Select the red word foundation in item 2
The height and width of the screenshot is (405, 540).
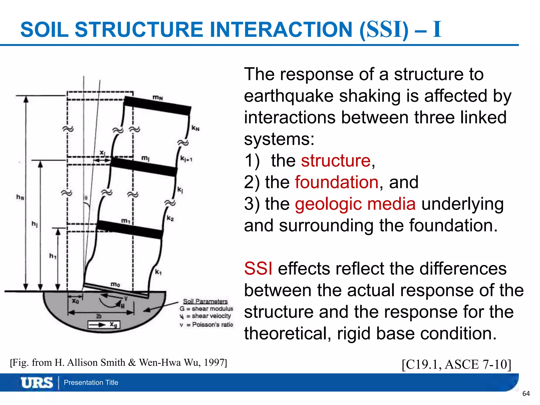click(x=337, y=182)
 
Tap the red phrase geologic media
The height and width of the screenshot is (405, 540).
click(x=355, y=204)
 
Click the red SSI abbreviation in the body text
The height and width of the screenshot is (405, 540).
click(x=258, y=269)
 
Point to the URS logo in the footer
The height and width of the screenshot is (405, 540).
click(x=37, y=383)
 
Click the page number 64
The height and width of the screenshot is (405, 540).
click(x=526, y=394)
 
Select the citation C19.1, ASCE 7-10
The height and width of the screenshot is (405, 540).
click(x=456, y=364)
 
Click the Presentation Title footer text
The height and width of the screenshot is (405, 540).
click(x=91, y=383)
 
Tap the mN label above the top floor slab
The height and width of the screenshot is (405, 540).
click(x=158, y=98)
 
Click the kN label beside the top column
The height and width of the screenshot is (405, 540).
click(x=195, y=128)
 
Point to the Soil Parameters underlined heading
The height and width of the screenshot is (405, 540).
click(x=205, y=301)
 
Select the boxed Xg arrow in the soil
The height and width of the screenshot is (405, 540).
click(x=104, y=325)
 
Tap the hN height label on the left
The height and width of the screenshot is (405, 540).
click(x=20, y=197)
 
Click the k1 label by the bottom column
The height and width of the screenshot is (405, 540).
click(x=158, y=272)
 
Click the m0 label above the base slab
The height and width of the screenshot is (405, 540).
click(x=115, y=284)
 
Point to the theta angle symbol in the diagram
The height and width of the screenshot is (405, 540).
click(x=86, y=198)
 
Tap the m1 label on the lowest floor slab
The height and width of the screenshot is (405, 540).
click(x=126, y=220)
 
